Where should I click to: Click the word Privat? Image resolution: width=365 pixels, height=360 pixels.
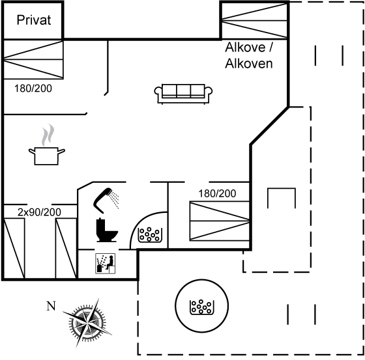(x=34, y=20)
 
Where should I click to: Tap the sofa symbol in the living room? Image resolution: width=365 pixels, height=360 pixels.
(x=183, y=94)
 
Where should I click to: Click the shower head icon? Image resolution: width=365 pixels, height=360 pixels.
(x=106, y=201)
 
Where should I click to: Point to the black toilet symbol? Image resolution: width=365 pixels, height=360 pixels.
(x=107, y=230)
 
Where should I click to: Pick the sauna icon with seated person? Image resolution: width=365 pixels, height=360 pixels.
(x=106, y=264)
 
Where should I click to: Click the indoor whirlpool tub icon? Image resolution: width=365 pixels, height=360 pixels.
(x=150, y=235)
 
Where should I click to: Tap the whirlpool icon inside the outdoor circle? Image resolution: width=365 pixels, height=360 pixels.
(x=202, y=307)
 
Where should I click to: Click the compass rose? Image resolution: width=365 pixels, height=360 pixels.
(x=87, y=323)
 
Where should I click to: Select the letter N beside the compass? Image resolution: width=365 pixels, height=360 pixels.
(x=51, y=306)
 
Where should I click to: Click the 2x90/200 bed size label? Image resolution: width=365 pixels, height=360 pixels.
(x=39, y=212)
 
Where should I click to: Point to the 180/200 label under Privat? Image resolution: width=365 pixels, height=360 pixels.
(x=33, y=89)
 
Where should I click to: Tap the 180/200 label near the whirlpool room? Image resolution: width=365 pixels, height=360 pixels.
(x=217, y=193)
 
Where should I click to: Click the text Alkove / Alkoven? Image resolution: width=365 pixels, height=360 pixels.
(x=248, y=55)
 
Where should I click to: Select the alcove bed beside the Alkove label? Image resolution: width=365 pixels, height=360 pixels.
(x=254, y=20)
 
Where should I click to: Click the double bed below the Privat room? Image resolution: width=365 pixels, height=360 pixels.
(x=33, y=59)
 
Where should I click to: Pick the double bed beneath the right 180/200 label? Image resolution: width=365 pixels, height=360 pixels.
(x=220, y=221)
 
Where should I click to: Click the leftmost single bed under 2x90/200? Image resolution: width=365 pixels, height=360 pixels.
(x=14, y=248)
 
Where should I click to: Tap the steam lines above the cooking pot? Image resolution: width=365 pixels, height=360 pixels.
(x=48, y=135)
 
